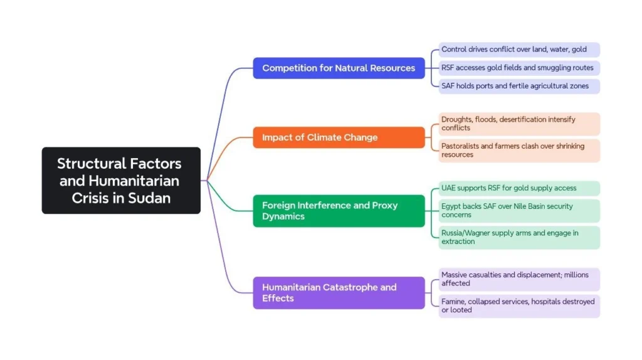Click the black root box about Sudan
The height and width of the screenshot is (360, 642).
coord(121,181)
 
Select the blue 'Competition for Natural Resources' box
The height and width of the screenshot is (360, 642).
coord(339,68)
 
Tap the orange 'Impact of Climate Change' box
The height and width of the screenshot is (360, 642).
coord(339,137)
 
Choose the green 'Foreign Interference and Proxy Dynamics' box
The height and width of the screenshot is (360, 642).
coord(339,211)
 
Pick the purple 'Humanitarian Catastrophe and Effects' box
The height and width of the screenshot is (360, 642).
coord(339,293)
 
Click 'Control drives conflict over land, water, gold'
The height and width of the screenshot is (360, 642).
coord(518,50)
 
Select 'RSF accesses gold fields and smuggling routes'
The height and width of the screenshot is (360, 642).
coord(518,68)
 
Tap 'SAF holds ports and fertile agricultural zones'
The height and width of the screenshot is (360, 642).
coord(518,86)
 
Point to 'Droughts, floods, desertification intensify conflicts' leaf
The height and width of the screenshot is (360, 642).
coord(518,124)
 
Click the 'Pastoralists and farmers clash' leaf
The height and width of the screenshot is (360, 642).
coord(518,151)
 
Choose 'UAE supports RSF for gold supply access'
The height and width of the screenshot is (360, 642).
coord(518,188)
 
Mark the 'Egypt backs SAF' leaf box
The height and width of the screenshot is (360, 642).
coord(518,211)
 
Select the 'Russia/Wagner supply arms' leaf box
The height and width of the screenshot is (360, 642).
coord(518,237)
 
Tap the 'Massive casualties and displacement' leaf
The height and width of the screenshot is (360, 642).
coord(518,279)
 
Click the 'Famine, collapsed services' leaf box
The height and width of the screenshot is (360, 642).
coord(518,306)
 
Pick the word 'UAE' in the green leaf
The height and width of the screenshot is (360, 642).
coord(450,188)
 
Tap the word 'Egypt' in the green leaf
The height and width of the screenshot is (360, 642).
coord(451,206)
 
